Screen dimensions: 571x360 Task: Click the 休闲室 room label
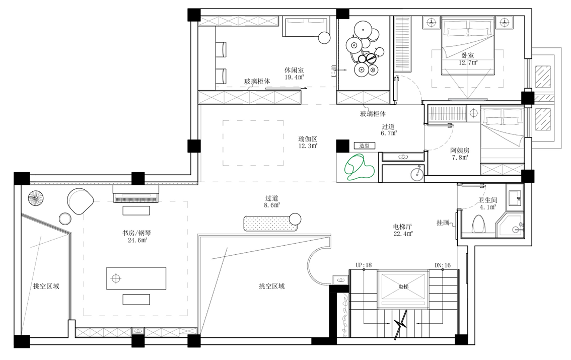click(294, 70)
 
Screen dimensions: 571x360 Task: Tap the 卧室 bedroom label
click(468, 55)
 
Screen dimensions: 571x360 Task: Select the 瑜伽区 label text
click(308, 138)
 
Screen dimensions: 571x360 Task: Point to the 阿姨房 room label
click(460, 150)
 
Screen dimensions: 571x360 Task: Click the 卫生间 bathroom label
click(487, 200)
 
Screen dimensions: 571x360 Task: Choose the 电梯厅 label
click(402, 227)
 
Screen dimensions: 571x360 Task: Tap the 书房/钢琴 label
click(136, 233)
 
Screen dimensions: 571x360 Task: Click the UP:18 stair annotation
click(364, 265)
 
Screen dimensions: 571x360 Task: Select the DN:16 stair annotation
click(443, 265)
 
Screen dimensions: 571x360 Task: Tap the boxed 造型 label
click(365, 146)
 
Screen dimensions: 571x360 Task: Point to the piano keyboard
click(136, 198)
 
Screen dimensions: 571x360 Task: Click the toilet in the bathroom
click(479, 224)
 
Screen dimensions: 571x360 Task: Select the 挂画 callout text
click(443, 223)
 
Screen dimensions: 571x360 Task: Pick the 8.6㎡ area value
click(272, 205)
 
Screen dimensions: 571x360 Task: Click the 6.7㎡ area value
click(389, 133)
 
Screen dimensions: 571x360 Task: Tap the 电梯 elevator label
click(403, 287)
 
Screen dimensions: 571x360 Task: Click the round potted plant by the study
click(36, 199)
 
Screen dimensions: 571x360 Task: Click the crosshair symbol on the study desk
click(116, 279)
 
